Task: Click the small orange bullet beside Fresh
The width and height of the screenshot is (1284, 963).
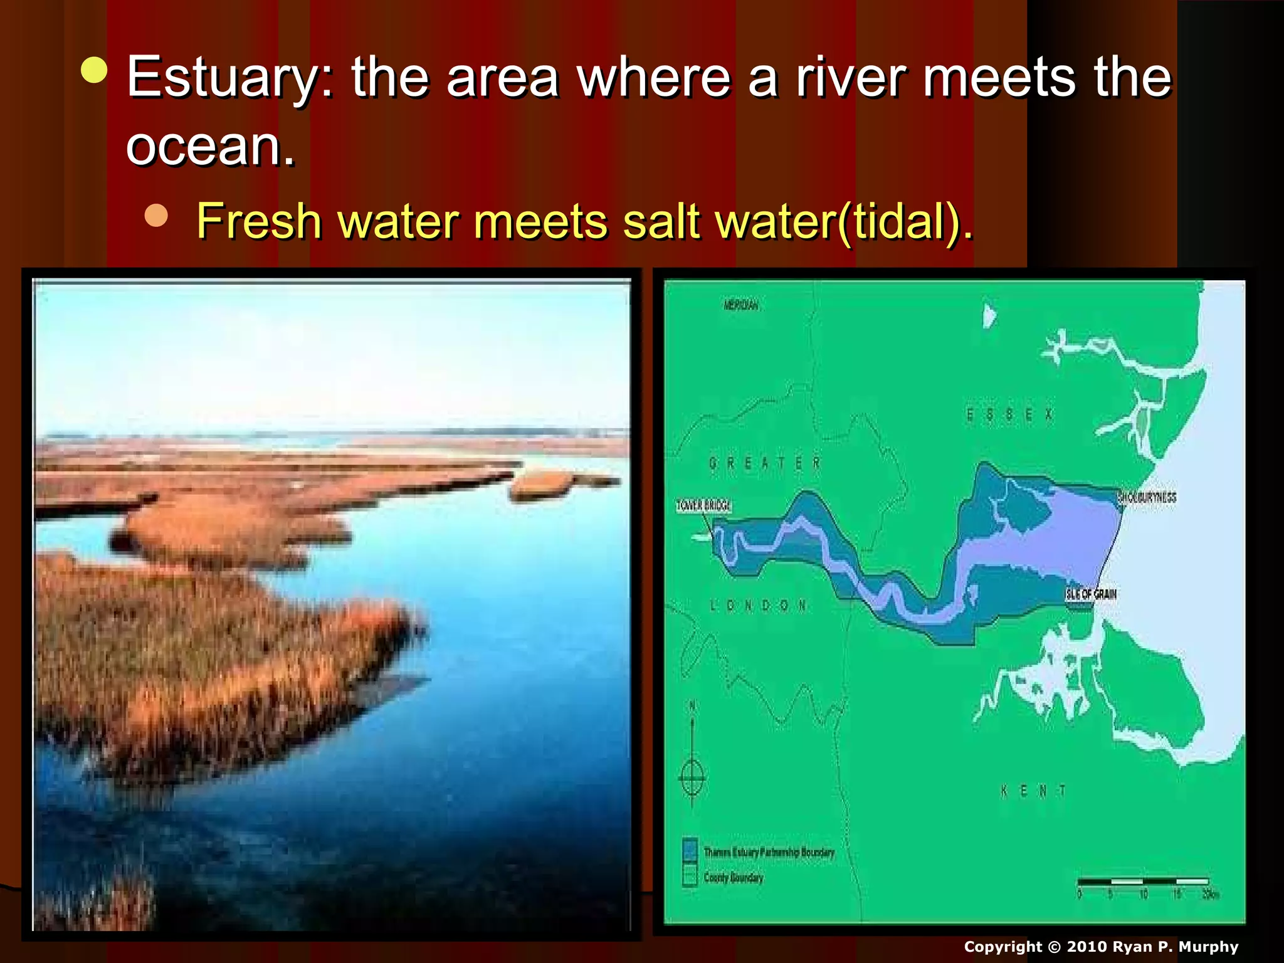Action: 156,215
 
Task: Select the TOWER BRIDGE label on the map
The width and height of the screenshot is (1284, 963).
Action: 703,506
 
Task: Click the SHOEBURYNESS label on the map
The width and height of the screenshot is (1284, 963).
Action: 1147,498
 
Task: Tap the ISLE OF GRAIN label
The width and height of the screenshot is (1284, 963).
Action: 1091,594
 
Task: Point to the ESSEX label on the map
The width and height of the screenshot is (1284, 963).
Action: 1009,415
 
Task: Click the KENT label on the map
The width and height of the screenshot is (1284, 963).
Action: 1033,791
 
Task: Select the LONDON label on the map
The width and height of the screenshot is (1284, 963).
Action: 758,606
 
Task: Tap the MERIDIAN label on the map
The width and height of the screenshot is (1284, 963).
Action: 740,305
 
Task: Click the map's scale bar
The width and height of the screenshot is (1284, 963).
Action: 1143,883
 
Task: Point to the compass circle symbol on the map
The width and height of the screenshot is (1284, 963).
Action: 692,778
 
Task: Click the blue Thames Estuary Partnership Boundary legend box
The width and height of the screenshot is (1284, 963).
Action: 690,850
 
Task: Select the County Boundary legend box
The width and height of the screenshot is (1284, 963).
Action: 690,876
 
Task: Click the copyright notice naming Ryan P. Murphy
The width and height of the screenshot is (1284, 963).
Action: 1101,947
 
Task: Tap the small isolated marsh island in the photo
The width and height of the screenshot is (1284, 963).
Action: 543,483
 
